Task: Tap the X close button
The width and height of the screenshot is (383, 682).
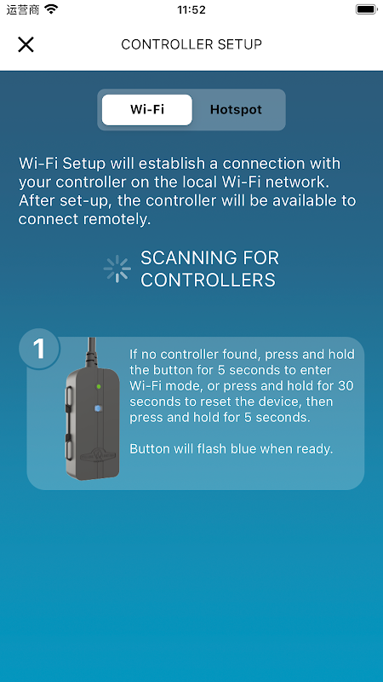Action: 26,44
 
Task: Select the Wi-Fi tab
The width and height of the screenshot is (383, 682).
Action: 146,110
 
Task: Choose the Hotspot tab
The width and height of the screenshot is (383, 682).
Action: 236,110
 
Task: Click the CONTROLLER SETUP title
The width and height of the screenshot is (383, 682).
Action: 191,44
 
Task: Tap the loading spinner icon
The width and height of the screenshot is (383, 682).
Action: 117,269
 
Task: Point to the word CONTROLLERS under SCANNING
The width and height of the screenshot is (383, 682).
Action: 208,280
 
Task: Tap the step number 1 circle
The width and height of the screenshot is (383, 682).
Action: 39,349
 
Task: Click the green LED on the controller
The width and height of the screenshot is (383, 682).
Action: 99,386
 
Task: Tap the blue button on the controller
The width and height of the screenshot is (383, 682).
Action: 98,408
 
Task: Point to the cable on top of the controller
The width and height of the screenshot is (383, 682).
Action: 91,353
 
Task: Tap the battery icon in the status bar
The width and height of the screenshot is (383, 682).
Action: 366,9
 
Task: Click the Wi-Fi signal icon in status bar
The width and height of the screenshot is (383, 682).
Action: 51,9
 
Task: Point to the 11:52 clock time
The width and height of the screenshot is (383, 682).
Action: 191,9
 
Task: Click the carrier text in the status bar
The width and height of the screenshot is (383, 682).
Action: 23,9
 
